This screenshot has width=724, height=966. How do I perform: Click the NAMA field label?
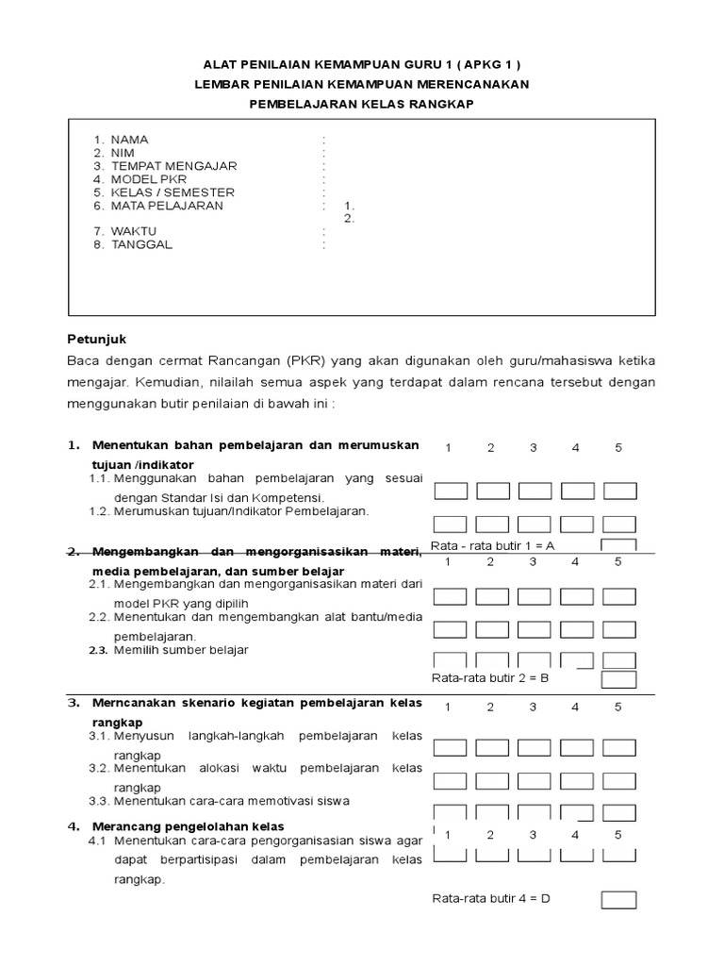[x=129, y=140]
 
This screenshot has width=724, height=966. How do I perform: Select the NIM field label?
[x=123, y=153]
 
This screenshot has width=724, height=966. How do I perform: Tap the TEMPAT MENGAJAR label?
[x=173, y=166]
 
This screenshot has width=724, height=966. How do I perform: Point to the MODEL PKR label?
[x=149, y=179]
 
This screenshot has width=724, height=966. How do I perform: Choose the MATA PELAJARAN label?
[x=168, y=206]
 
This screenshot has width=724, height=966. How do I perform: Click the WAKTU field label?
[x=134, y=231]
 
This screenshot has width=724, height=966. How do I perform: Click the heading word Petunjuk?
[x=91, y=338]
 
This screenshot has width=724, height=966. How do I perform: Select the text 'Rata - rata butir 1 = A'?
[x=493, y=545]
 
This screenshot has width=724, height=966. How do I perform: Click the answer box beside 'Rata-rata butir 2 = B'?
[x=619, y=679]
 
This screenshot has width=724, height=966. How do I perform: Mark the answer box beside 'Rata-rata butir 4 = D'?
[x=619, y=899]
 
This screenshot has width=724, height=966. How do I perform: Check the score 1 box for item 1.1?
[x=450, y=491]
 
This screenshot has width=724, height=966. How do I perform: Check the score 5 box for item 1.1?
[x=619, y=491]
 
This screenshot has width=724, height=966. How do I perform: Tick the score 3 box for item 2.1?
[x=535, y=596]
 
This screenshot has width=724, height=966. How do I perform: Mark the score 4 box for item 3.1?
[x=577, y=747]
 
